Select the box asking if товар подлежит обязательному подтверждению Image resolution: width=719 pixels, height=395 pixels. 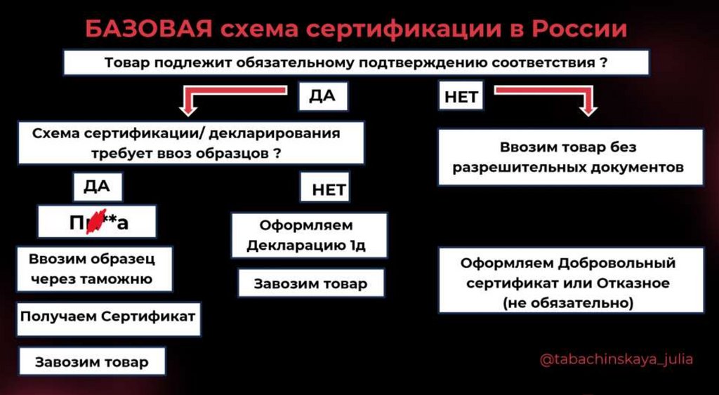[356, 62]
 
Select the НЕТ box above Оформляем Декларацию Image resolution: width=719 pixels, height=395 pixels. [324, 189]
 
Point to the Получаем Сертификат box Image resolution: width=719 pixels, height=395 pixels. [107, 318]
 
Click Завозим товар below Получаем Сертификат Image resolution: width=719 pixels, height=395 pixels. [92, 362]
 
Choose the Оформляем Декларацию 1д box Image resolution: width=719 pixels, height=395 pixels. [309, 236]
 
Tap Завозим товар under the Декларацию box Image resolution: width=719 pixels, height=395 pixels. [310, 284]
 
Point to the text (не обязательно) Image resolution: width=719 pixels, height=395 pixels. [567, 304]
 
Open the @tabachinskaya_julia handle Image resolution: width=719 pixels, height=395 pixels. [616, 359]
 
